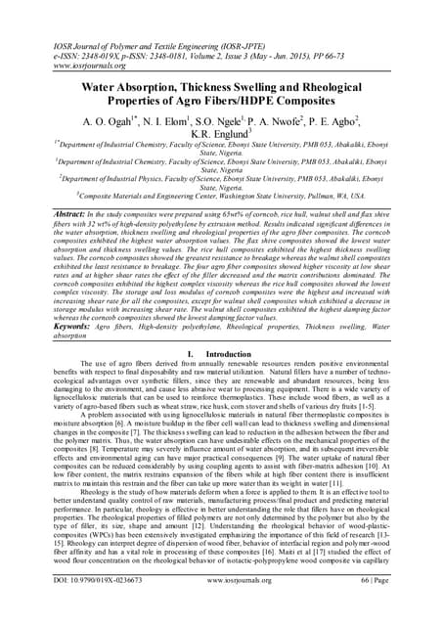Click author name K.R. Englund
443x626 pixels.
click(220, 133)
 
